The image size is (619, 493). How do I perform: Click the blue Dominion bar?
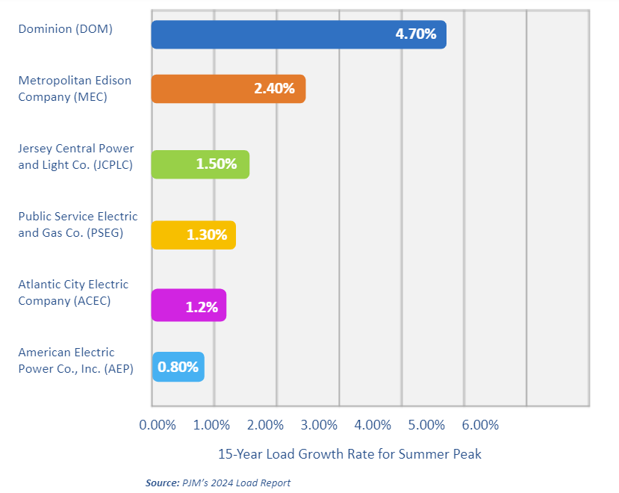[x=269, y=34]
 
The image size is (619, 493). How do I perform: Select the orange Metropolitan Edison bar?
[x=202, y=89]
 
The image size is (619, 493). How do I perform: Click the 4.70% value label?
[x=416, y=34]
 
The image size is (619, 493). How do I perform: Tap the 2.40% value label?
[x=274, y=89]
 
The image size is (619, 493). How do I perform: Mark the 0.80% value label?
[x=178, y=368]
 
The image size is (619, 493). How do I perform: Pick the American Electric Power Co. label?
[x=75, y=360]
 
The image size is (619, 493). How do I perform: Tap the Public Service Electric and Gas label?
[x=78, y=224]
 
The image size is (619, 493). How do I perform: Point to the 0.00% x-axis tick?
[x=158, y=425]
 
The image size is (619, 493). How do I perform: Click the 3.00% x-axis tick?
[x=320, y=425]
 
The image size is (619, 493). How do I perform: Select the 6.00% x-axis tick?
[x=480, y=425]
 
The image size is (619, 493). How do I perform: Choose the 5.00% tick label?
[x=427, y=425]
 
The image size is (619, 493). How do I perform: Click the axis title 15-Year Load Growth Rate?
[x=349, y=454]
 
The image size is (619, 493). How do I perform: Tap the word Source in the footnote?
[x=162, y=483]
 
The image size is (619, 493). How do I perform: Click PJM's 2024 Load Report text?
[x=236, y=483]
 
